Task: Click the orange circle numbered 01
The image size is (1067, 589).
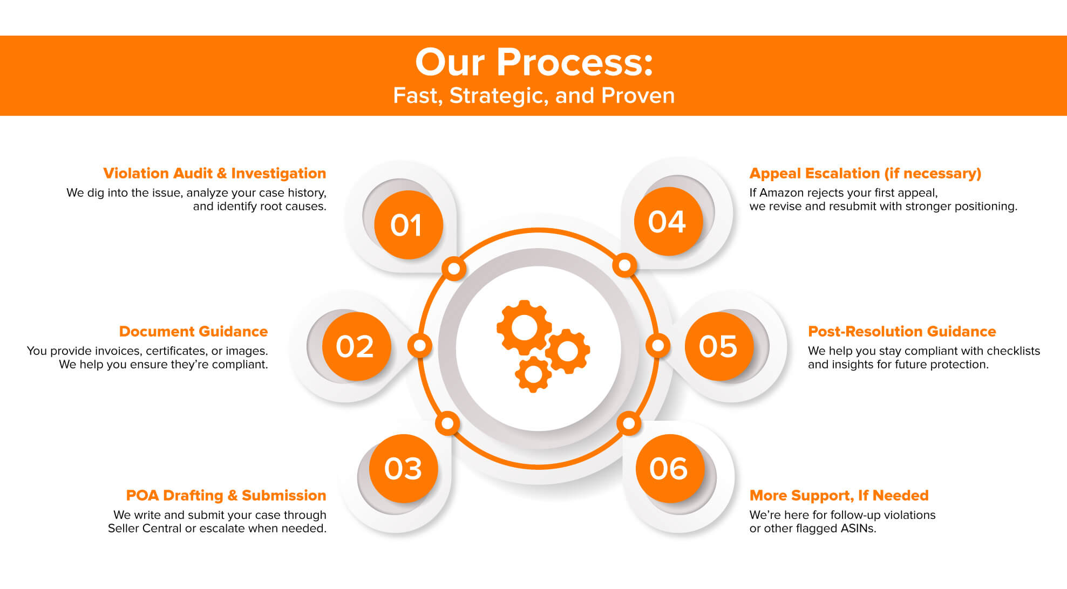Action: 408,225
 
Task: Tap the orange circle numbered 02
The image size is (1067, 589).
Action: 356,346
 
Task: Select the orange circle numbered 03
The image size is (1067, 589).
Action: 403,468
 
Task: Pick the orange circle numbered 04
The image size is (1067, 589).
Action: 668,221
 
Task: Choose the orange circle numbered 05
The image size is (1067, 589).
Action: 719,346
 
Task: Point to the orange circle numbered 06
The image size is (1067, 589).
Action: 670,468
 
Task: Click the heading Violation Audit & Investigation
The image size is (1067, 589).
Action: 215,173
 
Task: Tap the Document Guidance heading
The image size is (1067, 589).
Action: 193,331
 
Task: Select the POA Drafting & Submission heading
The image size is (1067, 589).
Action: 226,495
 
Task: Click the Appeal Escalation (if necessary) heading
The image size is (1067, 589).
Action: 865,174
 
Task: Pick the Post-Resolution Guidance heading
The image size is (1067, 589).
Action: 902,331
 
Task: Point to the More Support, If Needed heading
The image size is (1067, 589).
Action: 839,495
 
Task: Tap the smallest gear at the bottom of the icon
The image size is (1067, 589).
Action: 533,374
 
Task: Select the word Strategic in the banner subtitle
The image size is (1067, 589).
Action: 499,96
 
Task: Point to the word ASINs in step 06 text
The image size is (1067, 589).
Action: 858,528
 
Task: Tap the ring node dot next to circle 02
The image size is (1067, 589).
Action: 419,345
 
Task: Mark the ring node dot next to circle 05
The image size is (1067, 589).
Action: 658,345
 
